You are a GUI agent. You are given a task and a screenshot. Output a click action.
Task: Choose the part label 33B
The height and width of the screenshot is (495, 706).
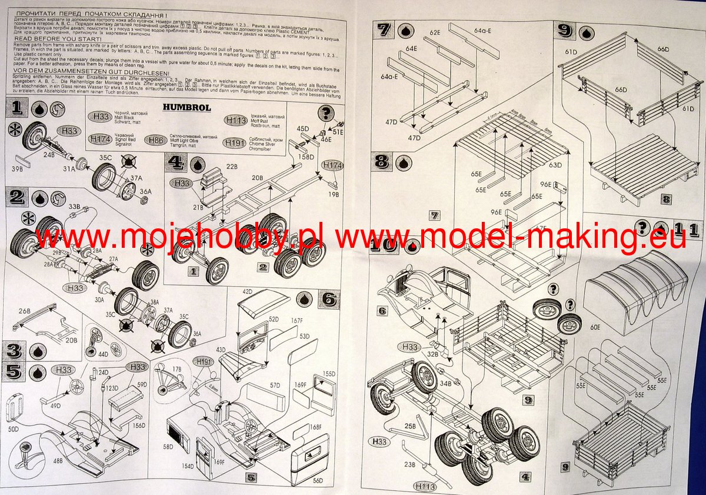pyautogui.click(x=75, y=207)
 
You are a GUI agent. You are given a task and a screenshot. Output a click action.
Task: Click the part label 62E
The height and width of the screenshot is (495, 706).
pyautogui.click(x=435, y=32)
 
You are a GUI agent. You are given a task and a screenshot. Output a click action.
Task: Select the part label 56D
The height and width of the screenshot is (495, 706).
pyautogui.click(x=318, y=480)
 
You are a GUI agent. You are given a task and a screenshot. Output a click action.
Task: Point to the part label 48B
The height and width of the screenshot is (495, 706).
pyautogui.click(x=58, y=461)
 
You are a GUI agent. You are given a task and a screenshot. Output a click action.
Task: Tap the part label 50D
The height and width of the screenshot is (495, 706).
pyautogui.click(x=12, y=430)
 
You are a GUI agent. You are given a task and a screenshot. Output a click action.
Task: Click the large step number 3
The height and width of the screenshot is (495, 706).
pyautogui.click(x=12, y=351)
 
